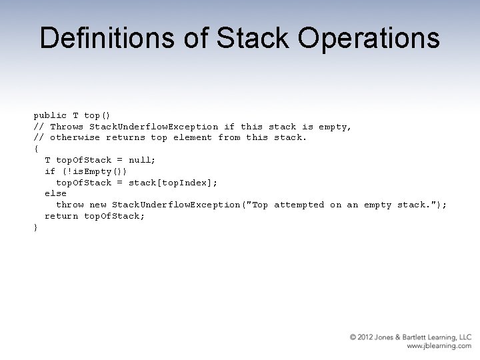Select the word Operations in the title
pyautogui.click(x=369, y=38)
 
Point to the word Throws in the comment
pyautogui.click(x=67, y=127)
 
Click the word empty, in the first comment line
pyautogui.click(x=335, y=127)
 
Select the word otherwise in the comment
pyautogui.click(x=75, y=138)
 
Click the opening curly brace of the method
pyautogui.click(x=36, y=149)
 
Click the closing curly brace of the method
pyautogui.click(x=36, y=227)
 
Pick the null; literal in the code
pyautogui.click(x=142, y=160)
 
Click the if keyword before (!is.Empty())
pyautogui.click(x=50, y=171)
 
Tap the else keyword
pyautogui.click(x=56, y=194)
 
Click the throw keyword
pyautogui.click(x=70, y=205)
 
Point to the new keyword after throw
pyautogui.click(x=98, y=205)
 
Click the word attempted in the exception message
pyautogui.click(x=299, y=205)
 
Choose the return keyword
pyautogui.click(x=61, y=216)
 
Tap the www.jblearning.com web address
pyautogui.click(x=439, y=347)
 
